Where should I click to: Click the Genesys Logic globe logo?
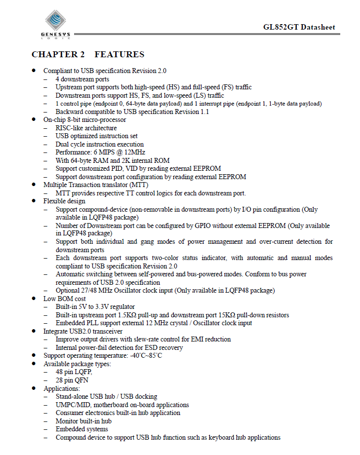click(x=55, y=22)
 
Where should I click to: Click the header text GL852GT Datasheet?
click(x=299, y=27)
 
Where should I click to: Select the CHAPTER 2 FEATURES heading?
click(x=88, y=54)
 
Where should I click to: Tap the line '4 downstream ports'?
click(x=82, y=79)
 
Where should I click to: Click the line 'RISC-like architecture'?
click(x=86, y=128)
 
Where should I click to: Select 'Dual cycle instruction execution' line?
click(x=100, y=144)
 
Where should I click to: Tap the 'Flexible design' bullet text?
click(x=64, y=201)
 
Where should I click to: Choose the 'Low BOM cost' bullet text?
click(x=65, y=299)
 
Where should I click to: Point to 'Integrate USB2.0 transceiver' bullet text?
click(x=83, y=331)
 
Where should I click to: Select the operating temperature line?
click(x=103, y=356)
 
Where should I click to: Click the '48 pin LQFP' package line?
click(x=74, y=372)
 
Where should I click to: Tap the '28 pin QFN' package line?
click(x=73, y=380)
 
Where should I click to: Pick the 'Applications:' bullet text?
click(x=62, y=388)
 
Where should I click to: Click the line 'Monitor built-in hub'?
click(x=83, y=421)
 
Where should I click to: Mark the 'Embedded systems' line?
click(x=80, y=429)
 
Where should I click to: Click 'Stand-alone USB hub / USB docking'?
click(x=106, y=396)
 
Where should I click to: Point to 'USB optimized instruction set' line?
click(x=96, y=136)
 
